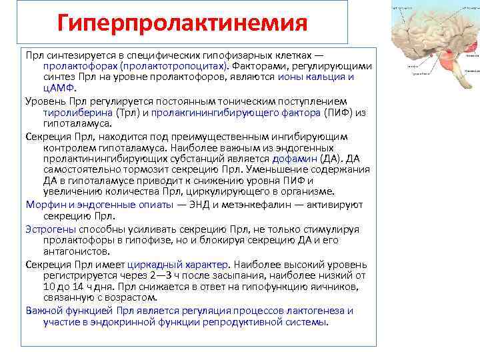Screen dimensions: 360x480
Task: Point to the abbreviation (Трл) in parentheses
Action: tap(126, 112)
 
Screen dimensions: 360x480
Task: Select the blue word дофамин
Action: tap(293, 159)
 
